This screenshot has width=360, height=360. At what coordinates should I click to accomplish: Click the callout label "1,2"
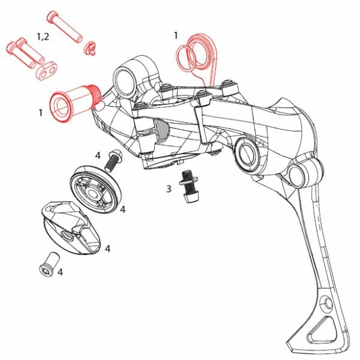pos(43,37)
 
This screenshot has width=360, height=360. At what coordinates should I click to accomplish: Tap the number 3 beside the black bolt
pos(169,189)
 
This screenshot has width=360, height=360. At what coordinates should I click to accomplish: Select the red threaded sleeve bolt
pos(74,102)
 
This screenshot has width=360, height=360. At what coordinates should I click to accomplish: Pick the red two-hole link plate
pos(47,71)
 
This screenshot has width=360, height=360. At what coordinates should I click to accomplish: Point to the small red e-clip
pos(90,49)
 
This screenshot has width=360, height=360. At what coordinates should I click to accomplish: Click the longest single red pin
pos(65,26)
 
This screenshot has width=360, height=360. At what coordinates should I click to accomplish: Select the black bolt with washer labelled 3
pos(189,186)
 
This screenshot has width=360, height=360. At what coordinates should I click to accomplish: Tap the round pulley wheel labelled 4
pos(95,190)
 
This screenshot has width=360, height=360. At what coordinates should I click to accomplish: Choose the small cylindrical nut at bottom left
pos(49,264)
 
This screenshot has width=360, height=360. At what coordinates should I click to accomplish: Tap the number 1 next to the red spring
pos(176,35)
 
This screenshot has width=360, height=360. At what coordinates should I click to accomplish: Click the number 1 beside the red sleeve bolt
pos(41,113)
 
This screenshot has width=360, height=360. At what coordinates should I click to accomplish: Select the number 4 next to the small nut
pos(60,272)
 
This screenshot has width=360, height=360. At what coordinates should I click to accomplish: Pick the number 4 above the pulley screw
pos(98,155)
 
